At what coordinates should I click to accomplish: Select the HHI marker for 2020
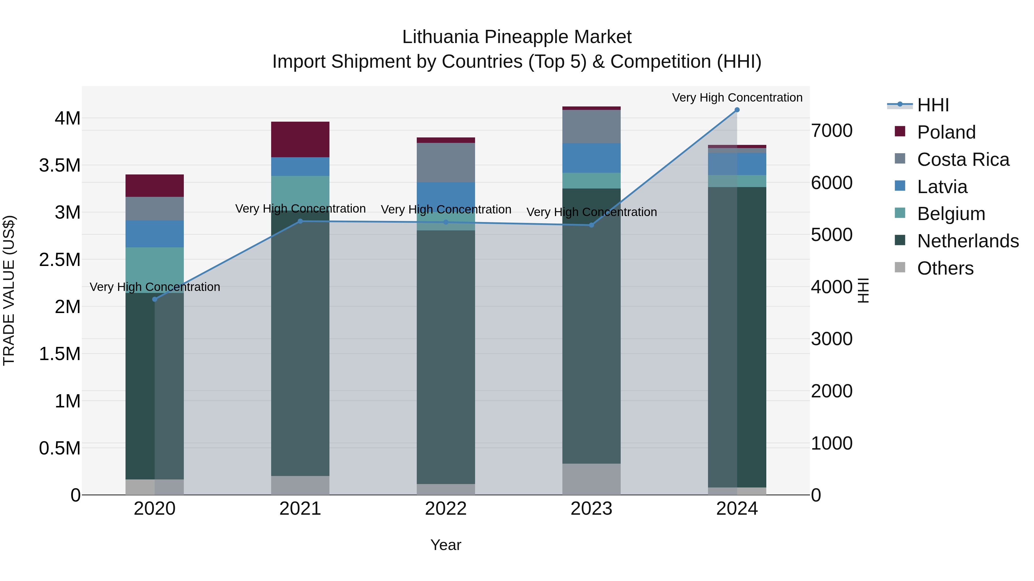pyautogui.click(x=155, y=299)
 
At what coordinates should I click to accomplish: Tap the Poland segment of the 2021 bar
pyautogui.click(x=300, y=139)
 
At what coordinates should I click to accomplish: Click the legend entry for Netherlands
pyautogui.click(x=967, y=241)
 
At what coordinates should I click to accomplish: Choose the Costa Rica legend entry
pyautogui.click(x=962, y=160)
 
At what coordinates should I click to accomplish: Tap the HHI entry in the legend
pyautogui.click(x=932, y=105)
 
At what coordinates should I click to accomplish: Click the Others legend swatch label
pyautogui.click(x=945, y=268)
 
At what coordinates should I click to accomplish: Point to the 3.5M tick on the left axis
pyautogui.click(x=60, y=165)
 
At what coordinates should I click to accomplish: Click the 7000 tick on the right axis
pyautogui.click(x=831, y=131)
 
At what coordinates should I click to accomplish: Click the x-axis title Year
pyautogui.click(x=445, y=545)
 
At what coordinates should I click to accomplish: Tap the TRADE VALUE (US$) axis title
pyautogui.click(x=9, y=290)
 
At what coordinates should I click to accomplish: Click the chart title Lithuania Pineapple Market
pyautogui.click(x=517, y=37)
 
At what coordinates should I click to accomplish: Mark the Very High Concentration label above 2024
pyautogui.click(x=737, y=98)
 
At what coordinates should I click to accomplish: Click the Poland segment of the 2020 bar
pyautogui.click(x=155, y=185)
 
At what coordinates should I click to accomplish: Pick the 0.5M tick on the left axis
pyautogui.click(x=60, y=448)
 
